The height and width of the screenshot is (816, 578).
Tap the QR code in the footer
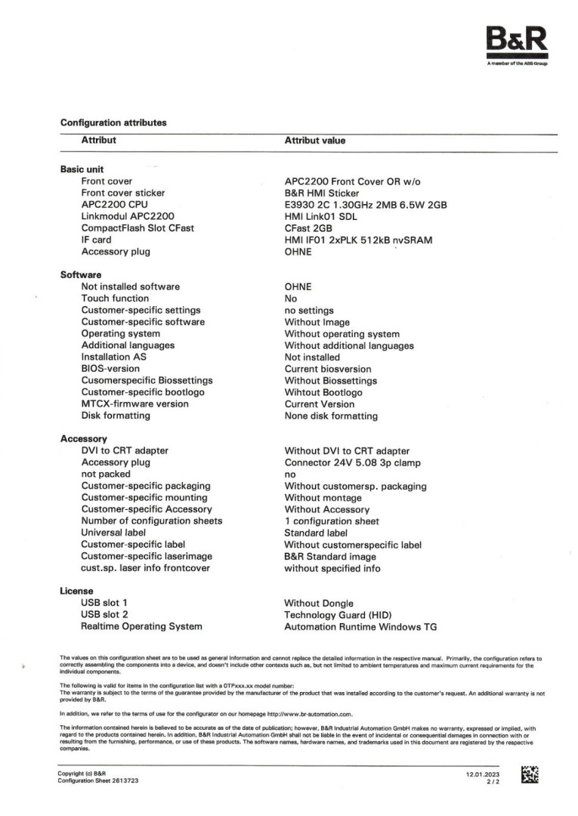click(530, 774)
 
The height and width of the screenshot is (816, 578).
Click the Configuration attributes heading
click(113, 122)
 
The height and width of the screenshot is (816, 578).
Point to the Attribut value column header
click(314, 141)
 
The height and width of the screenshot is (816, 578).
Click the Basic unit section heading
click(82, 169)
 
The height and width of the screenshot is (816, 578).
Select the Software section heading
click(81, 275)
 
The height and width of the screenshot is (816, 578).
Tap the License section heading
click(76, 591)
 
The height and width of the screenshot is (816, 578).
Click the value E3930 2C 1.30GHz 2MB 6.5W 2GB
click(366, 205)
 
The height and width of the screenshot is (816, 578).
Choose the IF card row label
click(96, 240)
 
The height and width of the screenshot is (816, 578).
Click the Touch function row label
click(115, 298)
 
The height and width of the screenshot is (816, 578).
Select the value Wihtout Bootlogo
click(323, 393)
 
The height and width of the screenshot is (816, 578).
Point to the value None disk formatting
click(331, 416)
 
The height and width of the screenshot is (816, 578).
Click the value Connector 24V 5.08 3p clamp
click(352, 462)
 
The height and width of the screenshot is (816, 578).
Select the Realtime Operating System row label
click(141, 626)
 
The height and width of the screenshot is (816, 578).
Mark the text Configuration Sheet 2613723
click(97, 780)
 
